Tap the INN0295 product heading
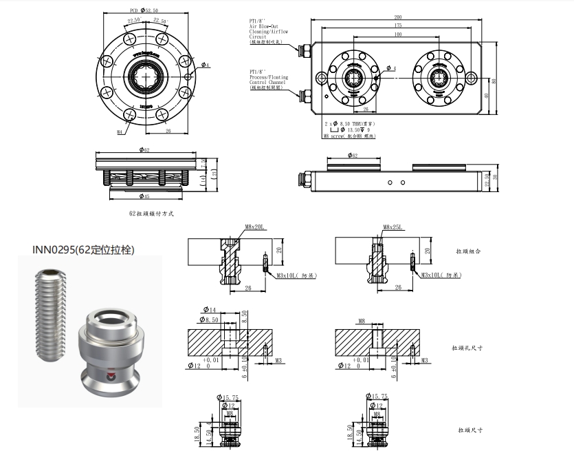click(84, 249)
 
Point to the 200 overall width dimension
click(398, 17)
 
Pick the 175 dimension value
click(398, 25)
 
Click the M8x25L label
click(393, 227)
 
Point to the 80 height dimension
click(496, 81)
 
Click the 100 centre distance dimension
click(398, 34)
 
